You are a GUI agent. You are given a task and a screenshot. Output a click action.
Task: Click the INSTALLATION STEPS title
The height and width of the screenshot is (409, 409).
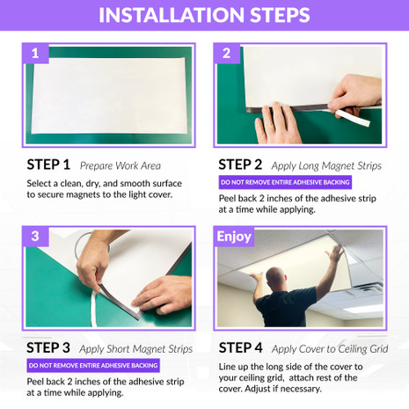pos(204,15)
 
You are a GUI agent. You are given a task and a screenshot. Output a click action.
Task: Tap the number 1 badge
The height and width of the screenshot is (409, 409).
pos(34,54)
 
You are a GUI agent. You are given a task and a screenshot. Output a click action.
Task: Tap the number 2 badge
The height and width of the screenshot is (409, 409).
pos(227,54)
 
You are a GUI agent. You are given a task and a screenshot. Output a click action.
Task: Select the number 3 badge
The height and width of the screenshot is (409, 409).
pos(34,237)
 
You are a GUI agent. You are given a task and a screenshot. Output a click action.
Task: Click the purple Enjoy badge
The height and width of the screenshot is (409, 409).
pos(234,237)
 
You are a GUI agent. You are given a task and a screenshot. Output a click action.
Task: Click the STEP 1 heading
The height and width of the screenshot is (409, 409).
pos(48,164)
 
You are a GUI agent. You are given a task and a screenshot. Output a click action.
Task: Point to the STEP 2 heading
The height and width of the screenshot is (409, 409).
pos(240,164)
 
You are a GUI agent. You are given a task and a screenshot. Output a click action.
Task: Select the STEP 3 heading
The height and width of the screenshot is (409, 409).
pos(48,347)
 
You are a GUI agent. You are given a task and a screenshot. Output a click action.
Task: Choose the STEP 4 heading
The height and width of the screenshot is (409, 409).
pos(240,347)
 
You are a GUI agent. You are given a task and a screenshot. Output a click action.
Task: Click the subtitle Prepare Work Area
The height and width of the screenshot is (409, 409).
pos(114,165)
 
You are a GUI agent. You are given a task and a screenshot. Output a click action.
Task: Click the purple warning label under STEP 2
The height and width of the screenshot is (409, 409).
pos(285,183)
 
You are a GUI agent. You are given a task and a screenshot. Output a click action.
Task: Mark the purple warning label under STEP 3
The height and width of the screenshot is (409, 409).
pos(93,365)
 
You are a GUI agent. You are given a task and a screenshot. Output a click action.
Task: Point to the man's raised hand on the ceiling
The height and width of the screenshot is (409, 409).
pos(334,251)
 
